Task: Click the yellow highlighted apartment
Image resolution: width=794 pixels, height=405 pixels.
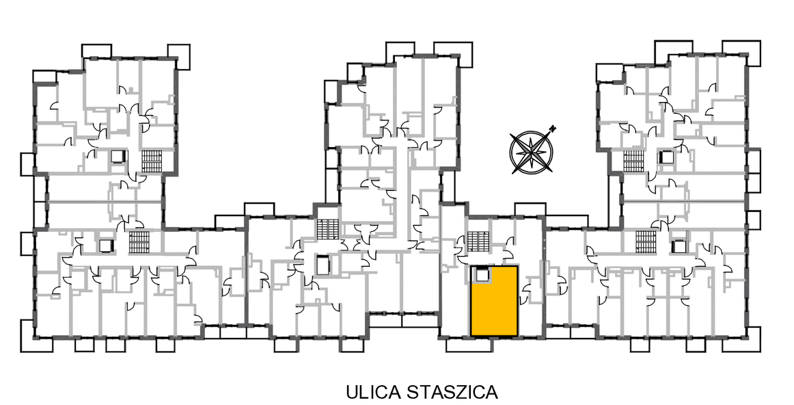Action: [x=494, y=301]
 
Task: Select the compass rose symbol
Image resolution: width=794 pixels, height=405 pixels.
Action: [x=532, y=151]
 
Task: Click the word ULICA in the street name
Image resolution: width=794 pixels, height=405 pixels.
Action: [x=372, y=392]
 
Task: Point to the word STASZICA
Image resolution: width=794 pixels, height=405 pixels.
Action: [x=452, y=392]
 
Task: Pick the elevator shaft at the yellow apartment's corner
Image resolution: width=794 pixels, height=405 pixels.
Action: [x=482, y=275]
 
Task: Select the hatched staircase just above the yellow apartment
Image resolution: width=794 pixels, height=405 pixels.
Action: [x=478, y=241]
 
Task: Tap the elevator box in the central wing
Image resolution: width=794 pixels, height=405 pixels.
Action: [x=323, y=265]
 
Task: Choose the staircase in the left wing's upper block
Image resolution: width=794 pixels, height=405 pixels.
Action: [x=151, y=161]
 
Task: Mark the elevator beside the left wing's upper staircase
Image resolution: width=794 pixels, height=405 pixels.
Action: [x=118, y=157]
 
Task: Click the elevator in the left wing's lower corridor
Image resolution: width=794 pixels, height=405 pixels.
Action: [x=105, y=246]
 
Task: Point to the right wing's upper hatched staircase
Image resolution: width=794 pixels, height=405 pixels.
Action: [x=633, y=161]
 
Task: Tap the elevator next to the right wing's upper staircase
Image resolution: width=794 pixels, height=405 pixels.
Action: [x=666, y=157]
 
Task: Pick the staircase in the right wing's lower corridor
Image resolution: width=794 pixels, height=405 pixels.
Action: [x=646, y=241]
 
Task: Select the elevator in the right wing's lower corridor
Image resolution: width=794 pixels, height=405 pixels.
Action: [x=678, y=246]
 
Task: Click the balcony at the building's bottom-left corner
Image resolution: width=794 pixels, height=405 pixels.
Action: [x=36, y=335]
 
